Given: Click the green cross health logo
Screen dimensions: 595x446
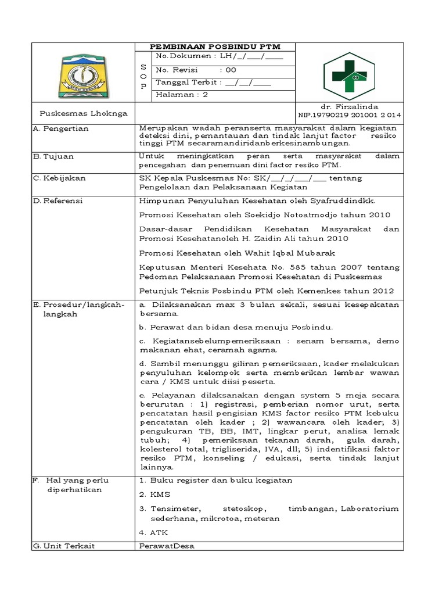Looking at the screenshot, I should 348,76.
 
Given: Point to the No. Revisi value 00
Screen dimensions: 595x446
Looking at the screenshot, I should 231,70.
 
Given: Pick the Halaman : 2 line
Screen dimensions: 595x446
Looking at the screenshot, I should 182,95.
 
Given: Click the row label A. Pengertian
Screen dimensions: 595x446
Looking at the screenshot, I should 61,128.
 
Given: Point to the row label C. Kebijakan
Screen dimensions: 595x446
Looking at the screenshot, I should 59,178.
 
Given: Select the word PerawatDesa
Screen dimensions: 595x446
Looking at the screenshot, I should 167,546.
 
